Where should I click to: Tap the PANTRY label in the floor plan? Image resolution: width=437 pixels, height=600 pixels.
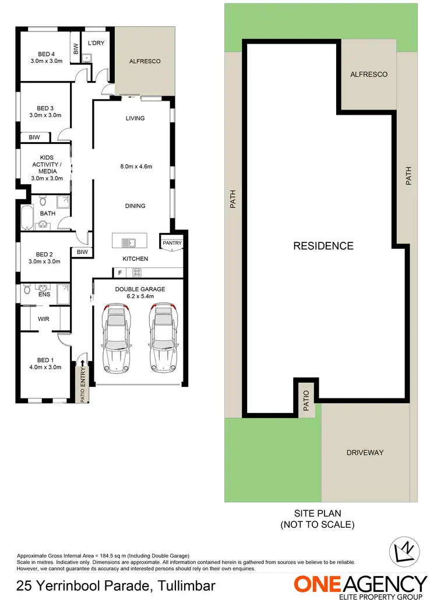pyautogui.click(x=172, y=243)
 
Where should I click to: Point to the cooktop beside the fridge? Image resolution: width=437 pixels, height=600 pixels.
pyautogui.click(x=138, y=272)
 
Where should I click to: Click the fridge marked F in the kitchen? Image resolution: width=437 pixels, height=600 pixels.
pyautogui.click(x=119, y=272)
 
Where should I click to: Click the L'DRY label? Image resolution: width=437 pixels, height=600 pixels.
pyautogui.click(x=96, y=43)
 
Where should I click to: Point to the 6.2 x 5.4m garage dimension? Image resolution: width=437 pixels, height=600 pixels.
pyautogui.click(x=140, y=297)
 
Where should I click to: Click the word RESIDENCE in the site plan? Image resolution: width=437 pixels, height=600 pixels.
pyautogui.click(x=323, y=246)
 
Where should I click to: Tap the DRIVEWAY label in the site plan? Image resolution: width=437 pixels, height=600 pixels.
pyautogui.click(x=365, y=452)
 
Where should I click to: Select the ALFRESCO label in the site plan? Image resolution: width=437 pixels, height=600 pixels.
pyautogui.click(x=368, y=75)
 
